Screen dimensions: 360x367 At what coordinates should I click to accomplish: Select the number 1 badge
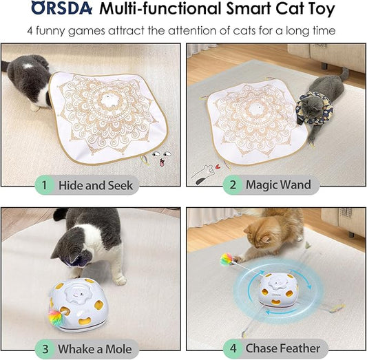[x=43, y=184]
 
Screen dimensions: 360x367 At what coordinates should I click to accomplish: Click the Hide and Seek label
[x=95, y=184]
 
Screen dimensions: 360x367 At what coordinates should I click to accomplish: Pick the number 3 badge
[x=43, y=348]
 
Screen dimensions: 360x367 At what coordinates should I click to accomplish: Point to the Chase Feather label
[x=284, y=348]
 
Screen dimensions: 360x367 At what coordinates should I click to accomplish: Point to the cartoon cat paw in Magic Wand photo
[x=202, y=169]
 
